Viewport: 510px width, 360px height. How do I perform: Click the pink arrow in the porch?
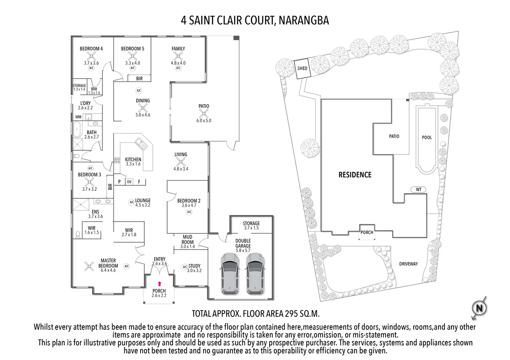click(160, 283)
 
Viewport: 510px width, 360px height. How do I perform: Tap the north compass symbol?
click(479, 308)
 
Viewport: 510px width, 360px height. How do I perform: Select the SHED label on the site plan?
click(302, 68)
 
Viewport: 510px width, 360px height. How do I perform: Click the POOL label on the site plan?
click(427, 137)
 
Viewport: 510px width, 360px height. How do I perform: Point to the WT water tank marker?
click(419, 189)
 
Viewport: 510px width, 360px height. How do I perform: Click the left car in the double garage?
click(230, 274)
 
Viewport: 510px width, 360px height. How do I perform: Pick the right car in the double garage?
click(255, 274)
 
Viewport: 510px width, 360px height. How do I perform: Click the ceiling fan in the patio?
click(203, 113)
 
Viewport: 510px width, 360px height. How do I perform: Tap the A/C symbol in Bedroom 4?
click(91, 68)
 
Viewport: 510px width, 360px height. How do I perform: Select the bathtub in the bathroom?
click(77, 129)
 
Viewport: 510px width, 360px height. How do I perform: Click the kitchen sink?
click(141, 144)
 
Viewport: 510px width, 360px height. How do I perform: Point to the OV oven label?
click(129, 182)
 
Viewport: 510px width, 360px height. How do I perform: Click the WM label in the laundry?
click(78, 117)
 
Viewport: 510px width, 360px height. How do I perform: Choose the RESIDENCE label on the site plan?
click(355, 175)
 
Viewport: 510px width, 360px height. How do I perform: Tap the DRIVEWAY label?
click(408, 264)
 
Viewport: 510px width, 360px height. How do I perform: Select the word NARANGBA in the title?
click(304, 20)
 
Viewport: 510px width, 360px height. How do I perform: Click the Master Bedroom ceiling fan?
click(89, 266)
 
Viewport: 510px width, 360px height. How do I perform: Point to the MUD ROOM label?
click(187, 240)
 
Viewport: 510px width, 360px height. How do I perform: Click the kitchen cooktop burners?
click(117, 160)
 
